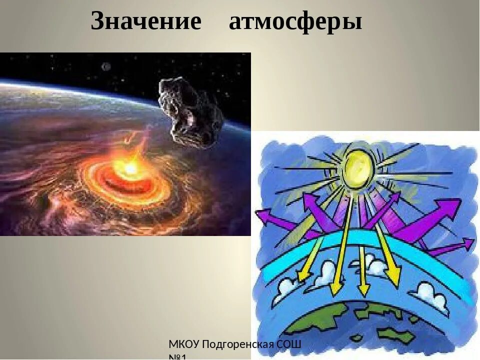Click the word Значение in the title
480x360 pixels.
point(146,22)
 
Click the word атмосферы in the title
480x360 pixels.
point(295,22)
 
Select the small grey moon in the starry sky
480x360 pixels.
point(106,66)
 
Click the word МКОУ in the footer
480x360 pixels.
point(184,344)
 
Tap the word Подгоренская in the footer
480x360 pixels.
point(238,344)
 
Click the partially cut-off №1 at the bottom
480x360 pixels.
point(177,357)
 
